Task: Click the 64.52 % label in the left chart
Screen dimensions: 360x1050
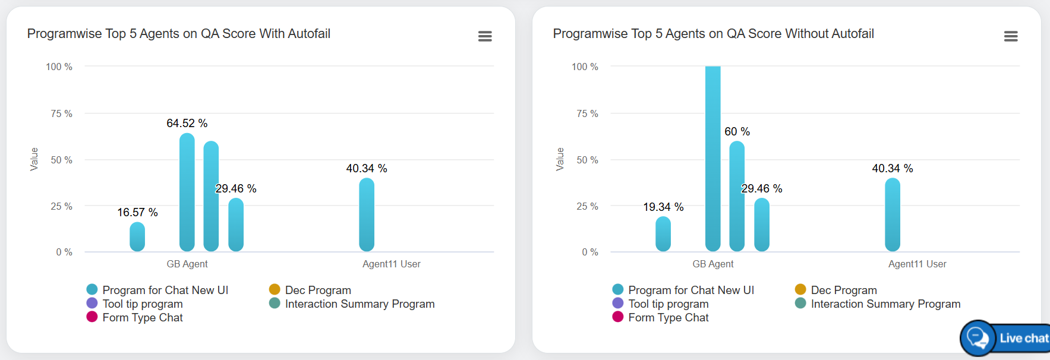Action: click(x=187, y=124)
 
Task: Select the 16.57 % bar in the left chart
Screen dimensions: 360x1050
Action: click(x=137, y=237)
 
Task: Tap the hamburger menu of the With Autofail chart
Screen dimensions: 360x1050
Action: click(x=485, y=36)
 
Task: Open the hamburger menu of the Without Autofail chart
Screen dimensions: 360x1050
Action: click(x=1011, y=36)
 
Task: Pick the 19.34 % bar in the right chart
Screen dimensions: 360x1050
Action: click(x=663, y=234)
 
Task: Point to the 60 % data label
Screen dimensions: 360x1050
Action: click(x=737, y=132)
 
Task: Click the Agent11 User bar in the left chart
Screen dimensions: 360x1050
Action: click(x=367, y=214)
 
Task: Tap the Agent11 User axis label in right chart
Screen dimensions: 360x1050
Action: click(x=917, y=264)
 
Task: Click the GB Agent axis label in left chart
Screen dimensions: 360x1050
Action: click(x=187, y=264)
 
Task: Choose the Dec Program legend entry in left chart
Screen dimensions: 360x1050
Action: click(x=318, y=290)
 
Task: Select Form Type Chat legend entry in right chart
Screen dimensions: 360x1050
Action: click(x=668, y=318)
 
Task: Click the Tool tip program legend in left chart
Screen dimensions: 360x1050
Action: click(x=142, y=304)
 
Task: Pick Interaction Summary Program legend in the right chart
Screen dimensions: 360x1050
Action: click(x=885, y=304)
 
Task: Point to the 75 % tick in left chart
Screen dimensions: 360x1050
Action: click(x=61, y=113)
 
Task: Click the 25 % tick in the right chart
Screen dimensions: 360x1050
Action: click(x=587, y=206)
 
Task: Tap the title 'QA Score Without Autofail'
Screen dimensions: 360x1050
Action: click(x=713, y=34)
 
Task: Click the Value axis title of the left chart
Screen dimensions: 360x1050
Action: click(x=34, y=159)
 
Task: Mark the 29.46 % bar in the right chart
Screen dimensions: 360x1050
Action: click(x=762, y=225)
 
